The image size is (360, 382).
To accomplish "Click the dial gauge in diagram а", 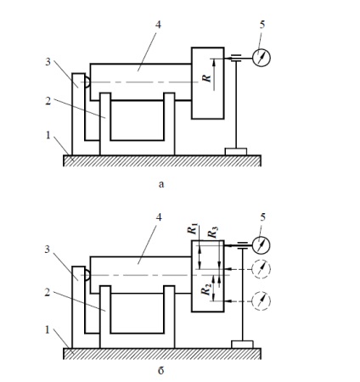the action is click(262, 58).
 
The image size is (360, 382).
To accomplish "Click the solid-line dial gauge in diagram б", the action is click(261, 245).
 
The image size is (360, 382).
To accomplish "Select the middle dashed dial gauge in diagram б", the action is click(261, 269).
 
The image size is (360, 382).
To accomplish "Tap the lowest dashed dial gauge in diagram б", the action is click(261, 301).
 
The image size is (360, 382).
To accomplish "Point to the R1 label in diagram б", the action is click(193, 229).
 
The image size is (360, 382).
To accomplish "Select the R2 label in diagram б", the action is click(206, 289).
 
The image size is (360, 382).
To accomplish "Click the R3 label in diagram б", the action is click(213, 233).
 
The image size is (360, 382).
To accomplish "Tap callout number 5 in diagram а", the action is click(262, 25).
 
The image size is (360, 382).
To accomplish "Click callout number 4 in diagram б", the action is click(159, 217).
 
